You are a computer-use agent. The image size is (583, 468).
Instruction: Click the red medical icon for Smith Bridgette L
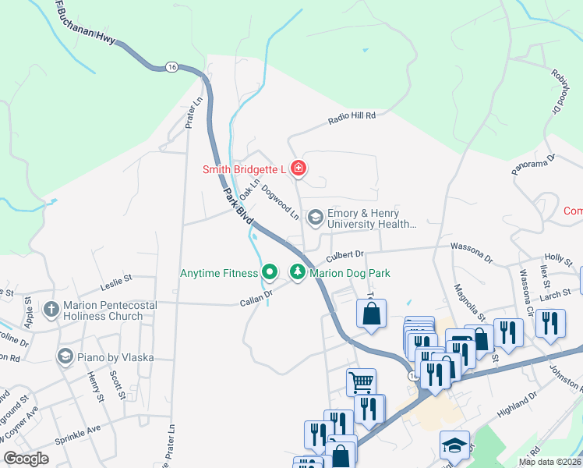pyautogui.click(x=297, y=168)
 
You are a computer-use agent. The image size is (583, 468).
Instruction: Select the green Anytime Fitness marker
pyautogui.click(x=270, y=272)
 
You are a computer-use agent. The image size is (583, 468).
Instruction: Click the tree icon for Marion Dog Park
pyautogui.click(x=297, y=272)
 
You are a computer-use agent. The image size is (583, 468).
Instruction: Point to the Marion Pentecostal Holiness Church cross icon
pyautogui.click(x=51, y=310)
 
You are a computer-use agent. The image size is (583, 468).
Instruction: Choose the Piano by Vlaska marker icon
pyautogui.click(x=65, y=356)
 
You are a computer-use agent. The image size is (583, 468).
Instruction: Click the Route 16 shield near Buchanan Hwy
pyautogui.click(x=171, y=68)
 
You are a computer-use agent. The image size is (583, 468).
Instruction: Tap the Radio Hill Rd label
pyautogui.click(x=352, y=115)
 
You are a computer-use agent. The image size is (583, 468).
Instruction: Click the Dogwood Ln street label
pyautogui.click(x=280, y=200)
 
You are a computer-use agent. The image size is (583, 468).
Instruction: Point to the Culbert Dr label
pyautogui.click(x=345, y=254)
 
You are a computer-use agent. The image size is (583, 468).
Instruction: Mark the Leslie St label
pyautogui.click(x=118, y=277)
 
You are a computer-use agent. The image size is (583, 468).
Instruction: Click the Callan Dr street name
pyautogui.click(x=256, y=296)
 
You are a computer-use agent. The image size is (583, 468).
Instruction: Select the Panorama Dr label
pyautogui.click(x=532, y=164)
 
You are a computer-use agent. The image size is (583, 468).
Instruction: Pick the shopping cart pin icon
pyautogui.click(x=361, y=381)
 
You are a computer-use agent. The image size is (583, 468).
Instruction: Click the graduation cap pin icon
pyautogui.click(x=454, y=444)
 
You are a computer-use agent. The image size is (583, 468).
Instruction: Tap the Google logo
pyautogui.click(x=26, y=458)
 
